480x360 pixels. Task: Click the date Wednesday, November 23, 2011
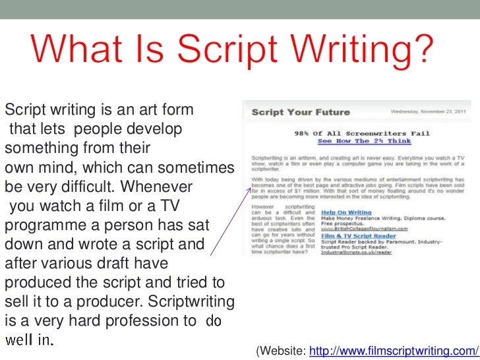click(435, 111)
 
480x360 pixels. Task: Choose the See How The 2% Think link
click(364, 141)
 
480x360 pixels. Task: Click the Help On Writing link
click(343, 213)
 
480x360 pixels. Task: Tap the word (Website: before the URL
click(280, 349)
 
